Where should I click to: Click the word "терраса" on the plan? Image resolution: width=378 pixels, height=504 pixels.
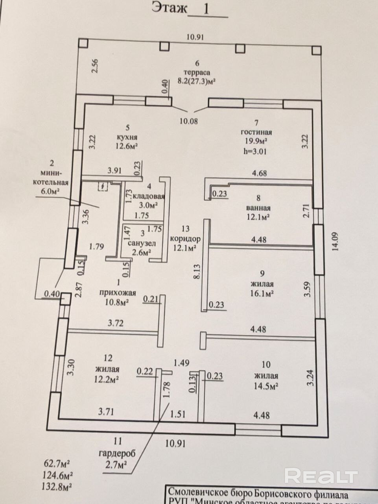pyautogui.click(x=197, y=72)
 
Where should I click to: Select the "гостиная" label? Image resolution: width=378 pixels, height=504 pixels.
pyautogui.click(x=258, y=132)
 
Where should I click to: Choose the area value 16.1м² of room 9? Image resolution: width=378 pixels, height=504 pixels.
pyautogui.click(x=262, y=293)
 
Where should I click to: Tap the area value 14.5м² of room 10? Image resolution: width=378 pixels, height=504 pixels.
pyautogui.click(x=266, y=385)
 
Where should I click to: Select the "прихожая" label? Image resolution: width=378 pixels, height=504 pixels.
pyautogui.click(x=118, y=293)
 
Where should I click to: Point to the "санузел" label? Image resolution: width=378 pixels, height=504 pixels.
pyautogui.click(x=140, y=244)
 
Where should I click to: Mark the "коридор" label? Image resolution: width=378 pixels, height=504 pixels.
pyautogui.click(x=185, y=239)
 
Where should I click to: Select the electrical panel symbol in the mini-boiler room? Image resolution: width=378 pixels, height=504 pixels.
pyautogui.click(x=103, y=186)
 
